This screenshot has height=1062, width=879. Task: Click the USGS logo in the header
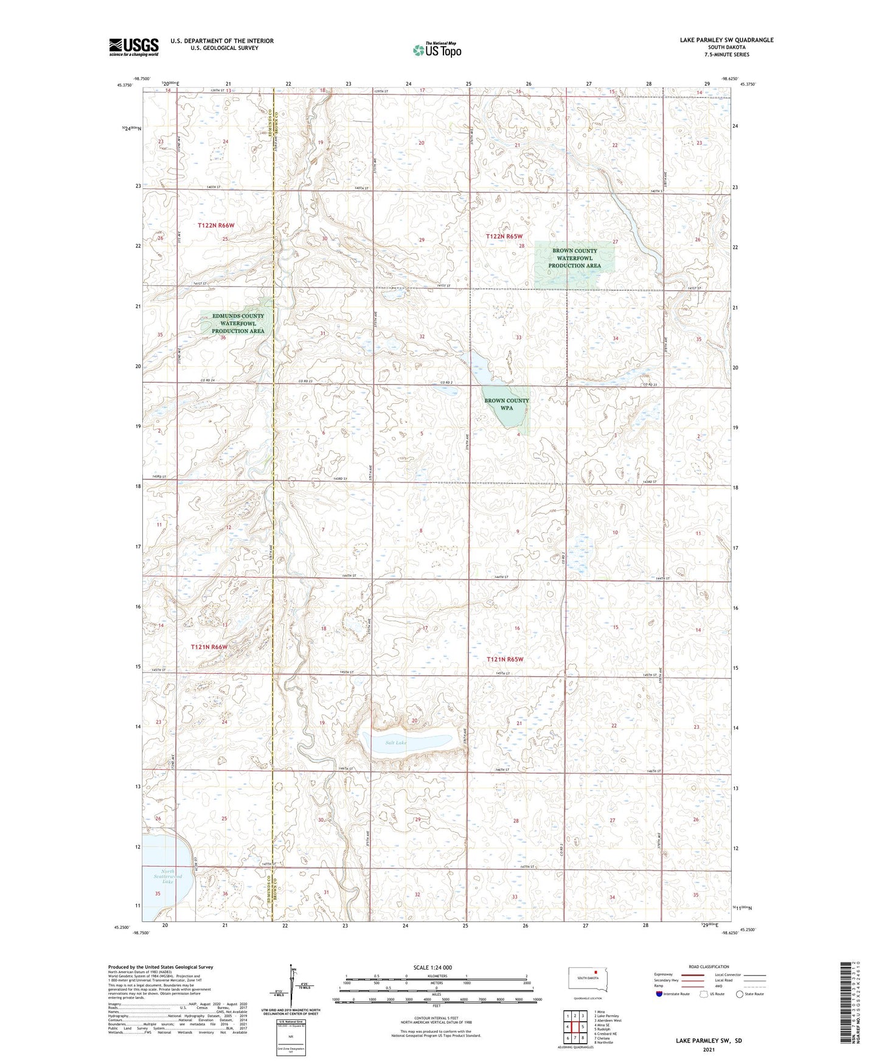click(133, 47)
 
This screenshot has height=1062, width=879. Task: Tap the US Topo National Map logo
click(437, 50)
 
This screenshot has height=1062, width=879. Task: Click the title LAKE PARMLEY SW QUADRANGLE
click(726, 40)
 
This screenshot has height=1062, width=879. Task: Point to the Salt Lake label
click(396, 743)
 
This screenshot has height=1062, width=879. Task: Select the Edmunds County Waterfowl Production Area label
click(238, 323)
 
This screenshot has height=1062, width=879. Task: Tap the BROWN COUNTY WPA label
click(506, 404)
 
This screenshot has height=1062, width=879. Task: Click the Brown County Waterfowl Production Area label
click(574, 258)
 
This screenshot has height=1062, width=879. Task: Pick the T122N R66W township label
click(216, 225)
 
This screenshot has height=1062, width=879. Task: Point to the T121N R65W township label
click(505, 659)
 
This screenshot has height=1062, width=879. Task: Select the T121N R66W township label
click(209, 647)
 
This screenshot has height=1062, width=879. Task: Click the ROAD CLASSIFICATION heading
click(709, 967)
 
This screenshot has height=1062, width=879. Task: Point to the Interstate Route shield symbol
click(659, 994)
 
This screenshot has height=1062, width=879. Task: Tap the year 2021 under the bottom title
click(709, 1050)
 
